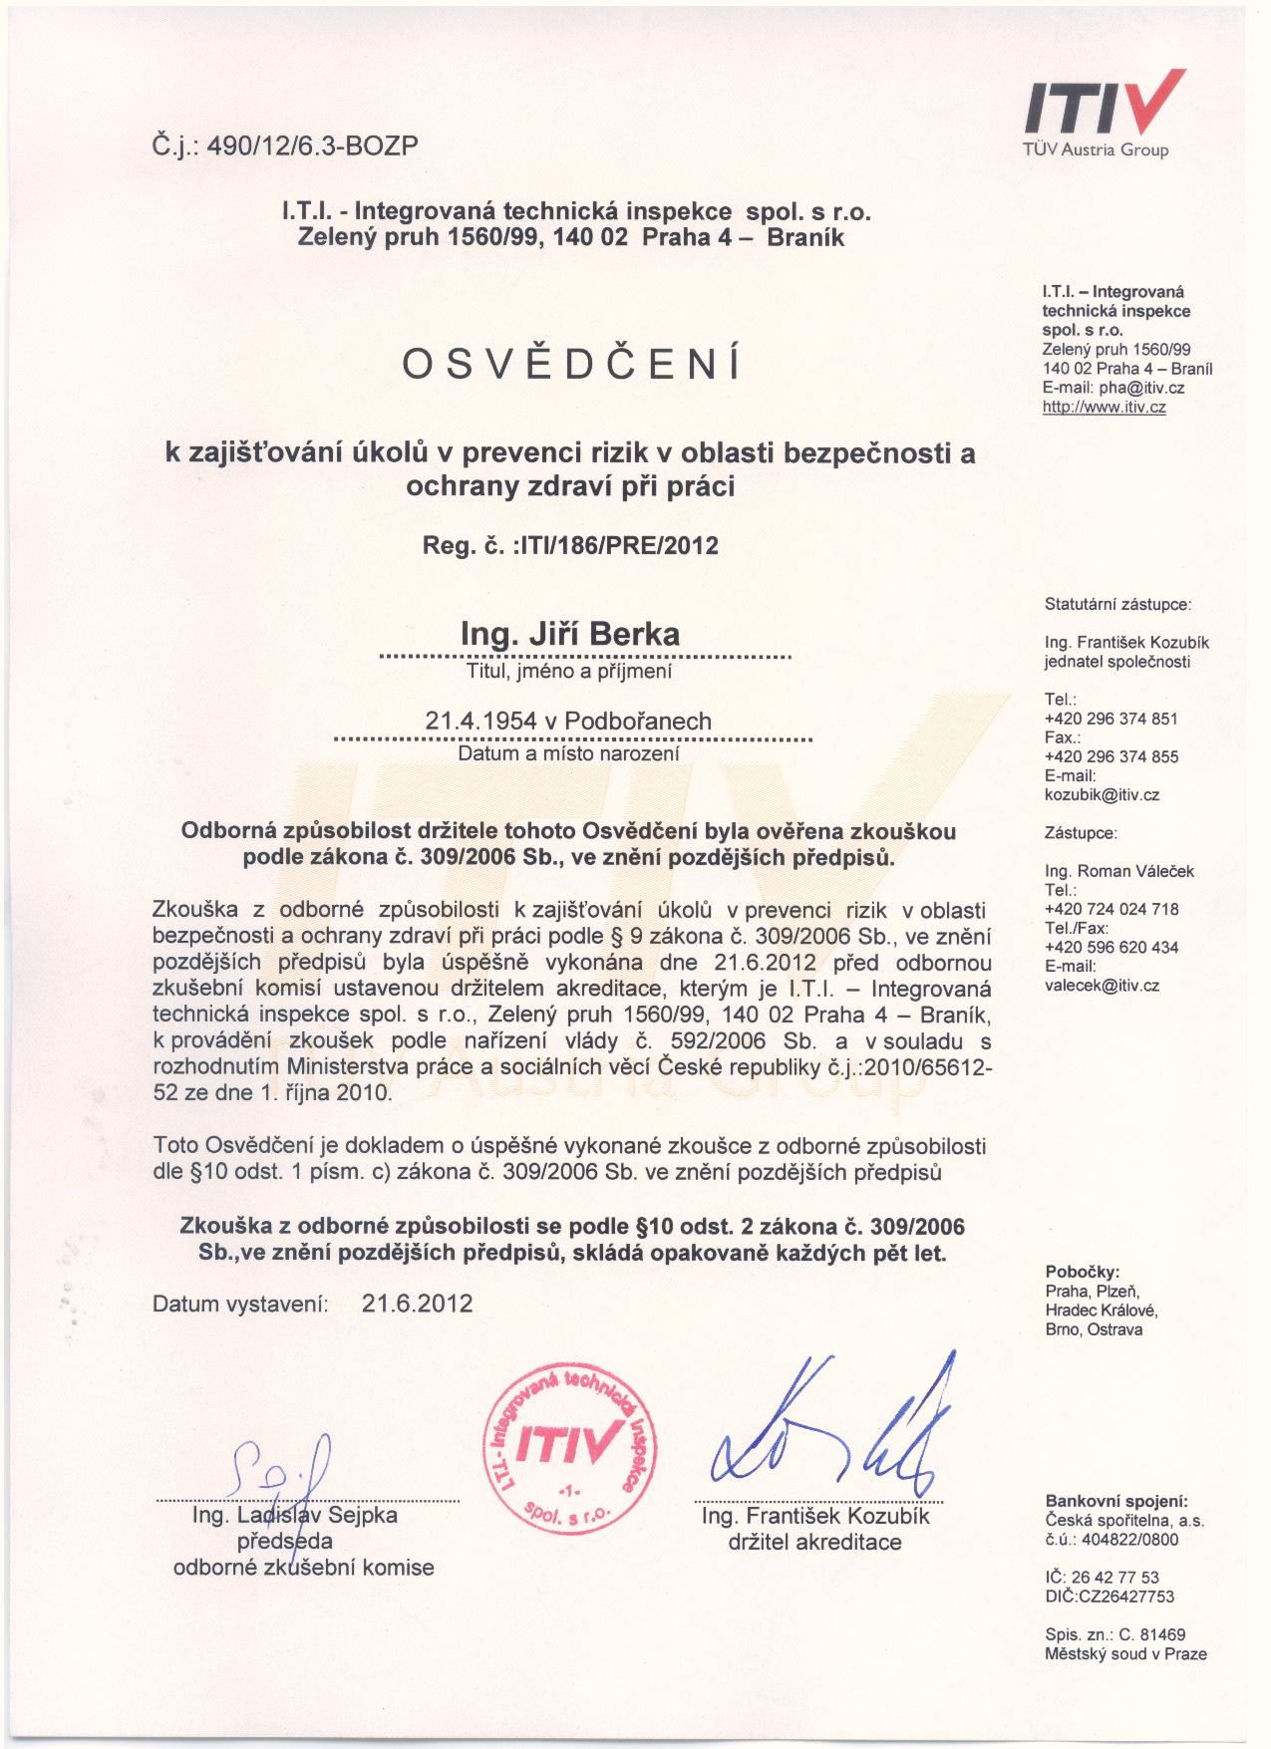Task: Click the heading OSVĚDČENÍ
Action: tap(572, 366)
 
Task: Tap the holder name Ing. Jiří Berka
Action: tap(570, 634)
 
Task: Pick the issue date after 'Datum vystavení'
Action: tap(418, 1304)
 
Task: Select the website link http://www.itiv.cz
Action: tap(1104, 408)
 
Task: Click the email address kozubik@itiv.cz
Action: tap(1102, 795)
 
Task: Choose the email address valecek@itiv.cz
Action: tap(1102, 986)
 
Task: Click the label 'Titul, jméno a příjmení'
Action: tap(569, 672)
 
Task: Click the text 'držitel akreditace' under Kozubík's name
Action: tap(814, 1543)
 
